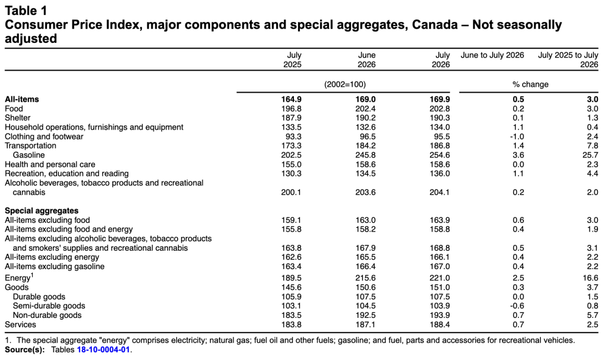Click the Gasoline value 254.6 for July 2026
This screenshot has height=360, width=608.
tap(440, 155)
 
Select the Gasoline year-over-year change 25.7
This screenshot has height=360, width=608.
tap(590, 155)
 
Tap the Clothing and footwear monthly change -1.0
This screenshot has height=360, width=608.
tap(517, 137)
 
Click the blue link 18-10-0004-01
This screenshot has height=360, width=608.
tap(103, 349)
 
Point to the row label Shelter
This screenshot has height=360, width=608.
tap(17, 118)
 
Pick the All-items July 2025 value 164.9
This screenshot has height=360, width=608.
tap(291, 99)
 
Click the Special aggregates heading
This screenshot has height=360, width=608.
tap(42, 211)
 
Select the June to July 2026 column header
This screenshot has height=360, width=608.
tap(492, 55)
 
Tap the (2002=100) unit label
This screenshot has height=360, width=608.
tap(345, 84)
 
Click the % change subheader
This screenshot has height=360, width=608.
tap(530, 84)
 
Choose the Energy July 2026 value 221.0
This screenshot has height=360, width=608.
tap(440, 278)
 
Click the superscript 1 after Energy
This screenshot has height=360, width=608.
tap(32, 275)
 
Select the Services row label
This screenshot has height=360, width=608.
tap(20, 325)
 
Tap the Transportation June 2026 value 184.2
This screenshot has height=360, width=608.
tap(366, 146)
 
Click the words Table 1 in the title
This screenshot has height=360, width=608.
tap(26, 11)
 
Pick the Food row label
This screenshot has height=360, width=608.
tap(14, 109)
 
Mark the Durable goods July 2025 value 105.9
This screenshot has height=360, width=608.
tap(291, 297)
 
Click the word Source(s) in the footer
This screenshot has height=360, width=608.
tap(25, 349)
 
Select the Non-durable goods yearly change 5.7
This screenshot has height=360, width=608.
tap(593, 315)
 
